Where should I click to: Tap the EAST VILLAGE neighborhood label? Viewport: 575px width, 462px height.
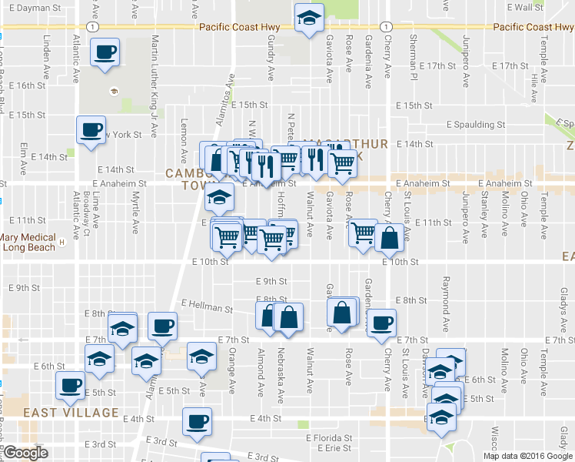click(60, 413)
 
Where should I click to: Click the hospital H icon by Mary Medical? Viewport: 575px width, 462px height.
click(61, 246)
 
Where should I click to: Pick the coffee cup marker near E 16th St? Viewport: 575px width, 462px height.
click(105, 53)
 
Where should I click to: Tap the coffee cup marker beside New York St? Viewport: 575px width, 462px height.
click(91, 129)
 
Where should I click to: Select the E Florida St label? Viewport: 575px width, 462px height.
click(326, 437)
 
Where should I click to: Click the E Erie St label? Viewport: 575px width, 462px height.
click(332, 447)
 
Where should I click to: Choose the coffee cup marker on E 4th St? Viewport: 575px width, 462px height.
click(196, 421)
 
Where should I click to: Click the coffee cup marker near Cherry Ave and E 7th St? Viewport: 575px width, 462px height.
click(381, 323)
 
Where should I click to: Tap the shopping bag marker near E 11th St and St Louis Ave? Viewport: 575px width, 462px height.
click(390, 238)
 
